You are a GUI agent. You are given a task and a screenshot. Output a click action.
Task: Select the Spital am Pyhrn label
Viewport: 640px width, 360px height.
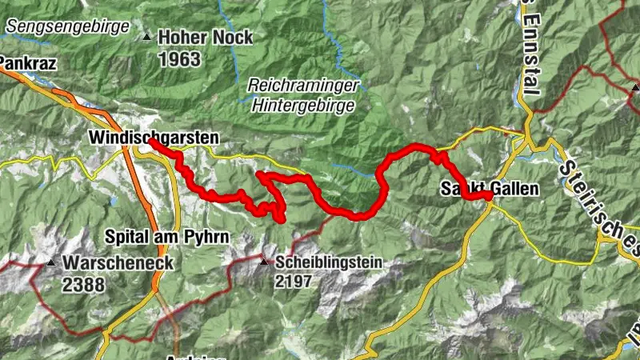167,237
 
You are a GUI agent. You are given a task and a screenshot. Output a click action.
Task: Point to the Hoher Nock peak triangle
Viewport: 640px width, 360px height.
146,37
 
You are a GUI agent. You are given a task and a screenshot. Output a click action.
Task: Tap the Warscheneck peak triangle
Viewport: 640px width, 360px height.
51,262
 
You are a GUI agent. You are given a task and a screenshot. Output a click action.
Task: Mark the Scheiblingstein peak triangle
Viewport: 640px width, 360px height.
265,260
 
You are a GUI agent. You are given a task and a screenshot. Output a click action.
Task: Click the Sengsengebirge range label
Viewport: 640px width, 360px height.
67,26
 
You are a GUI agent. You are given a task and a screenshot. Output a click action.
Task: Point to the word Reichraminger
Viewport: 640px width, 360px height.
303,84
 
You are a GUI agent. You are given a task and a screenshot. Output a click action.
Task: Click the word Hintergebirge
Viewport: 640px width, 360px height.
304,104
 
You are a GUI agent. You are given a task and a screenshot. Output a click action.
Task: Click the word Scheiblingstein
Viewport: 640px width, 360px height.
330,262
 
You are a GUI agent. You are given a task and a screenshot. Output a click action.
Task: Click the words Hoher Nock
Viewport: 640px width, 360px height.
205,38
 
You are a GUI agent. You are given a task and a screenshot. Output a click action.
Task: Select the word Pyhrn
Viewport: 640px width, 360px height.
208,237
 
